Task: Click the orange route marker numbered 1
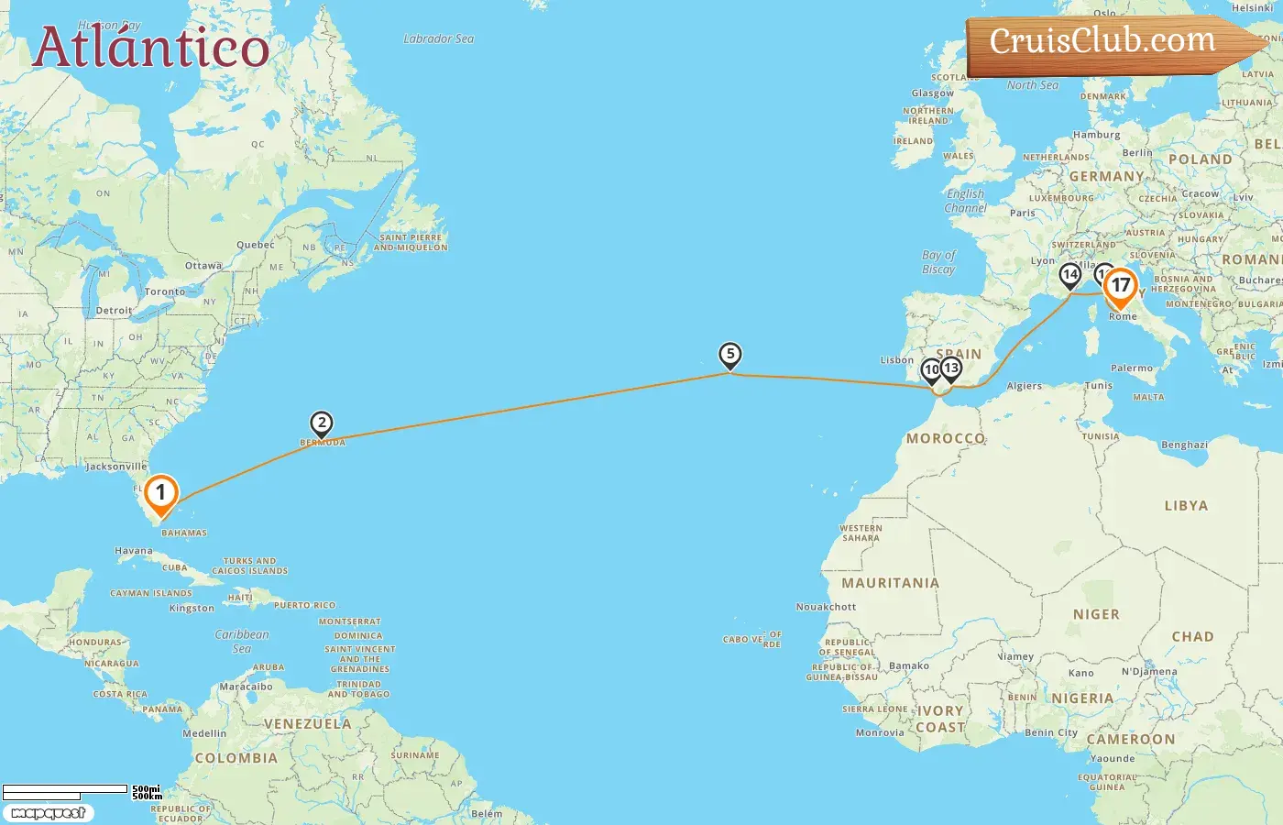160,493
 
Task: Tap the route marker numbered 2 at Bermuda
322,423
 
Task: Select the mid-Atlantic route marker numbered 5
730,355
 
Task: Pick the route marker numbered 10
930,370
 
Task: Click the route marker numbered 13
951,368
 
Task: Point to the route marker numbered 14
1069,275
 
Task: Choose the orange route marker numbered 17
1120,286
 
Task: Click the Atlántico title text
151,48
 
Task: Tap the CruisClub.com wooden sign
1103,42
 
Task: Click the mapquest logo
48,813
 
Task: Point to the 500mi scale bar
66,789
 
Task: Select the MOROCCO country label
946,439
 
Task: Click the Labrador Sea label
439,39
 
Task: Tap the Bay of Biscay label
938,262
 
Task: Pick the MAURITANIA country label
891,583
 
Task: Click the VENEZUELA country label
308,724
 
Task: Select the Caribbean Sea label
242,641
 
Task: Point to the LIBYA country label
1186,506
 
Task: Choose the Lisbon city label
897,360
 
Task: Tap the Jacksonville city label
116,467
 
